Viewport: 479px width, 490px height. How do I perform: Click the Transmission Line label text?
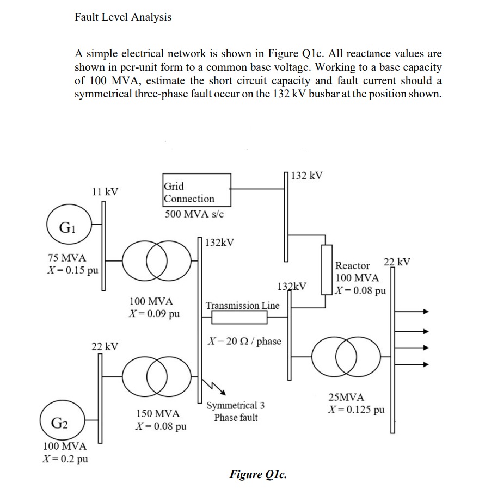pos(243,305)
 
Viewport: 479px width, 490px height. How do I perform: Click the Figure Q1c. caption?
pos(258,474)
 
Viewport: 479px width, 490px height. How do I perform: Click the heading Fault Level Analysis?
pos(123,17)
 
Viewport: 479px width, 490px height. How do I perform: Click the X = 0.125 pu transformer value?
pos(356,409)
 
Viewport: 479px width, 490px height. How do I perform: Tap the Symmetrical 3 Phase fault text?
pos(236,411)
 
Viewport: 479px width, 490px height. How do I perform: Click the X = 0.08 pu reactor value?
pos(361,290)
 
